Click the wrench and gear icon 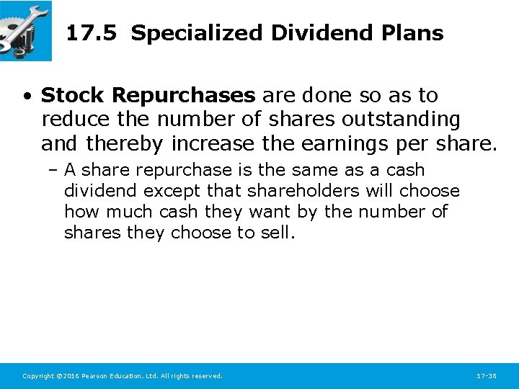(x=25, y=30)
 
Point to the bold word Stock (x=74, y=95)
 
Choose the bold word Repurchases (x=183, y=95)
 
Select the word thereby (x=125, y=144)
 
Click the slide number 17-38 (x=487, y=376)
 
